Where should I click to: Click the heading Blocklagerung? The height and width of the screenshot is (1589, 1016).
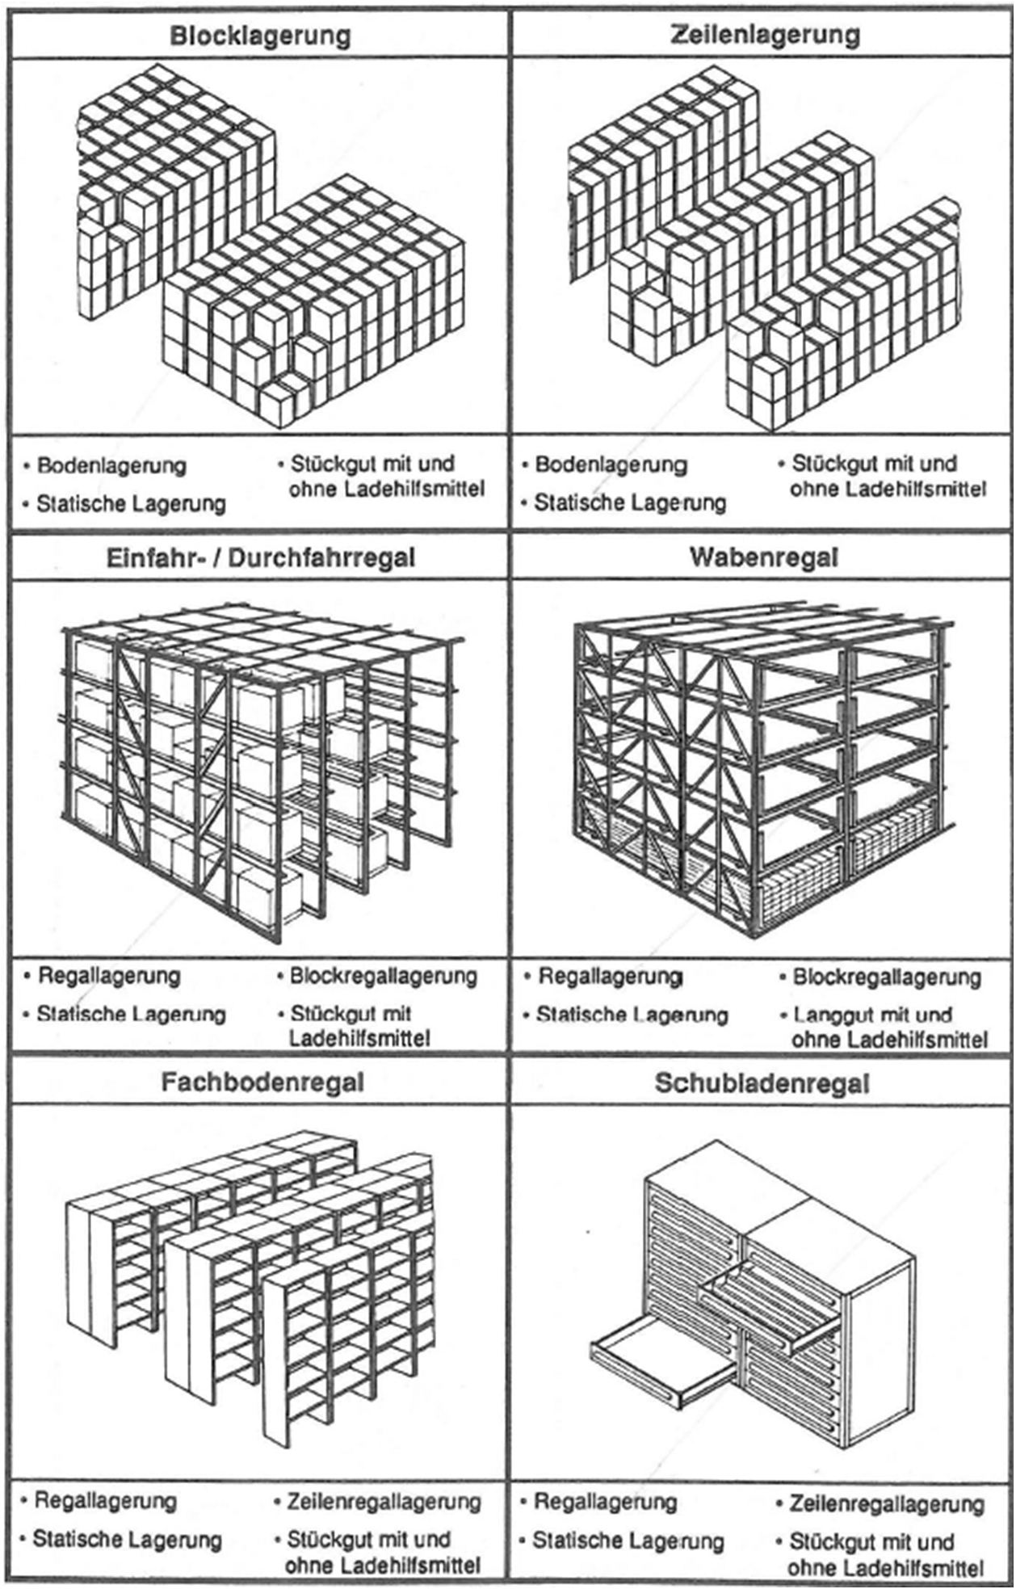pos(259,36)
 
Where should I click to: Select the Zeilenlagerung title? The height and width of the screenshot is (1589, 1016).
pos(764,36)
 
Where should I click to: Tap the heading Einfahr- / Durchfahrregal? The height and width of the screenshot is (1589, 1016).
pos(260,557)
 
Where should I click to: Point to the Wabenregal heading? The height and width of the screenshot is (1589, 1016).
pos(764,557)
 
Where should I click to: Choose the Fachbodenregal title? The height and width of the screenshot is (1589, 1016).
pos(262,1082)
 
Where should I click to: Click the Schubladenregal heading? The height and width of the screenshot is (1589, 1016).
pos(762,1082)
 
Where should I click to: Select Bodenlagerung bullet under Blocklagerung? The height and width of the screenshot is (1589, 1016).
pos(111,465)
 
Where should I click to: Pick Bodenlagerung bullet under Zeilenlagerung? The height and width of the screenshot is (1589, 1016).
pos(611,465)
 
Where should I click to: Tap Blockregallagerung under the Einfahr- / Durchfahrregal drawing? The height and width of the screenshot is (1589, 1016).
pos(383,976)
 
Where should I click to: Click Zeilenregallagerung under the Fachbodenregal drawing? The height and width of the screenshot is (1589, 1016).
pos(384,1502)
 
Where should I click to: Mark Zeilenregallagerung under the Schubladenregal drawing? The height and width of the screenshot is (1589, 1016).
pos(886,1503)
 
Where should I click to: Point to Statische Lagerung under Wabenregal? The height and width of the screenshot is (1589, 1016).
pos(632,1015)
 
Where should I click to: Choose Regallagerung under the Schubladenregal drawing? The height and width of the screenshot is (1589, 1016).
pos(605,1502)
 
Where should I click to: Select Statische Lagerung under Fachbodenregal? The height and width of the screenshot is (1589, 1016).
pos(127,1539)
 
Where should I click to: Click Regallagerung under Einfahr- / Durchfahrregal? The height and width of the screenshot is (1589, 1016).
pos(109,976)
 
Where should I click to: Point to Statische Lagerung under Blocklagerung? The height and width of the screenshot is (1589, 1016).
pos(131,503)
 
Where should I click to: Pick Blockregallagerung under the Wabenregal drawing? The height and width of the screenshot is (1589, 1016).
pos(886,977)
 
